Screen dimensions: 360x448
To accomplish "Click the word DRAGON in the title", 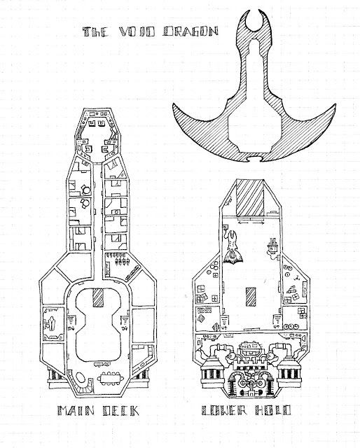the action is pyautogui.click(x=191, y=31).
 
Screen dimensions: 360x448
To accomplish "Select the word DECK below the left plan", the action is pyautogui.click(x=120, y=411).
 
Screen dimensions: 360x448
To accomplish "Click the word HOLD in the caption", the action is pyautogui.click(x=272, y=410).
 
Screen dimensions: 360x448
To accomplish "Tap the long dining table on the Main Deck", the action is pyautogui.click(x=111, y=379).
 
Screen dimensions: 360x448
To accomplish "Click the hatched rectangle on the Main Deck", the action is pyautogui.click(x=98, y=297).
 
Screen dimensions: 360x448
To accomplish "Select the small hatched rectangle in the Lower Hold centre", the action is pyautogui.click(x=251, y=297).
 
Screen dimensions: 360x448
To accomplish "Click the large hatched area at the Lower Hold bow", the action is pyautogui.click(x=250, y=197).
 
